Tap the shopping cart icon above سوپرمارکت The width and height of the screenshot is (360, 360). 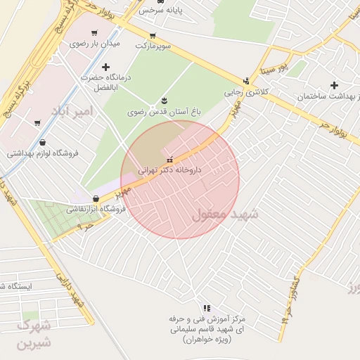(153, 35)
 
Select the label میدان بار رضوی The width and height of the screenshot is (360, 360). (94, 44)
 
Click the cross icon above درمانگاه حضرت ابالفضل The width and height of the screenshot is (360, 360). (105, 67)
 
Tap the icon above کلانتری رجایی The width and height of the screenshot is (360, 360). (245, 81)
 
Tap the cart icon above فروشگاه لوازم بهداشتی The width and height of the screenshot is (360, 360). (37, 122)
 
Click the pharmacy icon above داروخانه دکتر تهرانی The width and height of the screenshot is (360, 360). (167, 158)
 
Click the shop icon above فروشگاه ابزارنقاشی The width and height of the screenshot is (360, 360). (96, 198)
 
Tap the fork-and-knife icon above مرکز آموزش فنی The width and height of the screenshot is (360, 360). (206, 308)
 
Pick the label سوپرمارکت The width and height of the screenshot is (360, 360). (153, 46)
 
